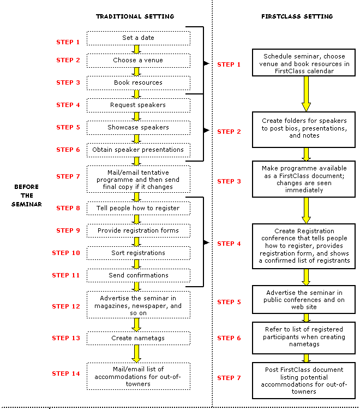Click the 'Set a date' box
pos(138,38)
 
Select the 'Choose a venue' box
pos(138,60)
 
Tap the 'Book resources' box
pos(138,82)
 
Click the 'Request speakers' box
pos(138,105)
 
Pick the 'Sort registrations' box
pos(138,253)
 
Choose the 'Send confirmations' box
pos(138,275)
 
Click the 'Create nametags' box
pos(138,338)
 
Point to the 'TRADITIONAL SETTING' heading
pos(135,16)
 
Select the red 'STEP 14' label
pos(65,374)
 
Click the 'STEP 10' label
pos(65,253)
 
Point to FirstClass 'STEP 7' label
pos(229,378)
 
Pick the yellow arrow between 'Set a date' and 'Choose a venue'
pos(137,49)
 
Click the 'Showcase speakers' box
pos(138,127)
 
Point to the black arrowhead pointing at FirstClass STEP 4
pos(206,242)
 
